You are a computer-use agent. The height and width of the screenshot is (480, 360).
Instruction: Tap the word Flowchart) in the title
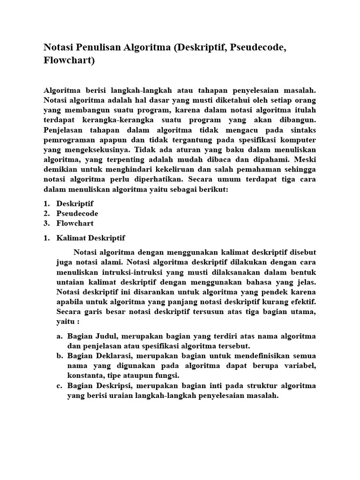click(69, 61)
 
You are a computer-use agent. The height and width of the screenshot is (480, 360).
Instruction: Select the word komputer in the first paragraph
click(297, 140)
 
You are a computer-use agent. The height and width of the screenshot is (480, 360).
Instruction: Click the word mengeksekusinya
click(94, 150)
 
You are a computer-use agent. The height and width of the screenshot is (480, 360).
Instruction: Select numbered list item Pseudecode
click(77, 213)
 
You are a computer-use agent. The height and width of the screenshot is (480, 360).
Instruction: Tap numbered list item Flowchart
click(75, 223)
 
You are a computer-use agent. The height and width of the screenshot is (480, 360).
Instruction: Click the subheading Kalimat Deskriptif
click(91, 238)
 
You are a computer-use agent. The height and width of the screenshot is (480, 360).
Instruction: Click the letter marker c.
click(60, 386)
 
